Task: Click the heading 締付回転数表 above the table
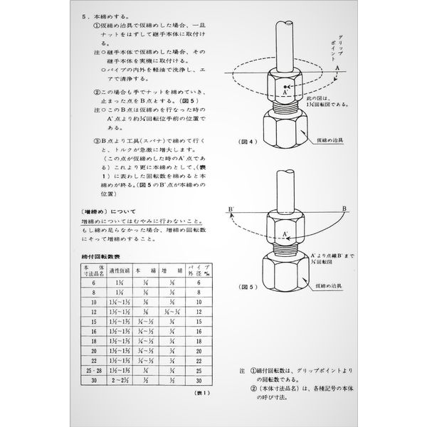pyautogui.click(x=97, y=254)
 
